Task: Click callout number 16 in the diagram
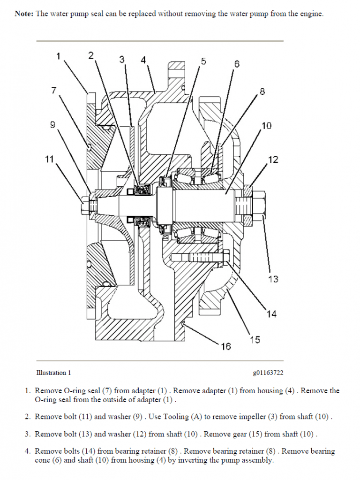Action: [x=226, y=346]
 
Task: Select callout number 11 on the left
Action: [x=50, y=159]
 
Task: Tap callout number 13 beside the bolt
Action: [x=273, y=279]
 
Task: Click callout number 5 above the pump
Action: [x=203, y=61]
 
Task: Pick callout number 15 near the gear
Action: [x=255, y=339]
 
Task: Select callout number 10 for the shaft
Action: [x=266, y=126]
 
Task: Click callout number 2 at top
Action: [x=91, y=55]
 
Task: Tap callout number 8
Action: [x=262, y=91]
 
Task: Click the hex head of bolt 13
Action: [x=261, y=205]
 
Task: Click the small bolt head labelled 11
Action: [x=84, y=205]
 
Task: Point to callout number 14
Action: [x=272, y=314]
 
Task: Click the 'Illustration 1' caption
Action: [x=53, y=373]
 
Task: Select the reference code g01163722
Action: [x=268, y=373]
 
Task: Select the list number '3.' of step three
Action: [x=28, y=434]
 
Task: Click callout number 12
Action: [x=273, y=160]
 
